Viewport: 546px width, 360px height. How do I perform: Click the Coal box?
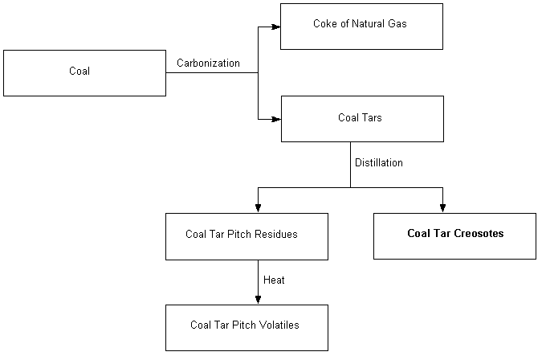[84, 73]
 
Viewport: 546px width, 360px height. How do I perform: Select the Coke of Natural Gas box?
[361, 27]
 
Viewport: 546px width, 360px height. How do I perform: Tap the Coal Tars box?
[362, 119]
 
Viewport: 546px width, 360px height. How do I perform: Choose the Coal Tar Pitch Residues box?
[247, 236]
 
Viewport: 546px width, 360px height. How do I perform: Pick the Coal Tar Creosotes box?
[454, 235]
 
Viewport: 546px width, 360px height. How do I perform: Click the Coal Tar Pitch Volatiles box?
[247, 327]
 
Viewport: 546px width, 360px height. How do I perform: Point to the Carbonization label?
[208, 63]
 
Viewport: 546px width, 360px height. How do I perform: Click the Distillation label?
[379, 162]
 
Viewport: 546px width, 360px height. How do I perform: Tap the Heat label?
[274, 280]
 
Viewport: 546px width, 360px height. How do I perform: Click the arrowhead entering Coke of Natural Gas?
[275, 27]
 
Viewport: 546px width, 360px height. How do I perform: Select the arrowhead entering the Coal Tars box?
[275, 119]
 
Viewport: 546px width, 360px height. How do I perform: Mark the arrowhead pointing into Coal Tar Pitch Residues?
[258, 208]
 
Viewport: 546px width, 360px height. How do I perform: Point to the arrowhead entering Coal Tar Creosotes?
[442, 208]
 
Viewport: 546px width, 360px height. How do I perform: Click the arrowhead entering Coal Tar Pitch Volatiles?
[258, 300]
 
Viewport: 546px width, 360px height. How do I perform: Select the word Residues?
[278, 235]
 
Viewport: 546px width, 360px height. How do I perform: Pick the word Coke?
[324, 24]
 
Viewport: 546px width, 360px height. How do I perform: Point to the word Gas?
[397, 24]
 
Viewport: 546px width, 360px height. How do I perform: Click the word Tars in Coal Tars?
[372, 118]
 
